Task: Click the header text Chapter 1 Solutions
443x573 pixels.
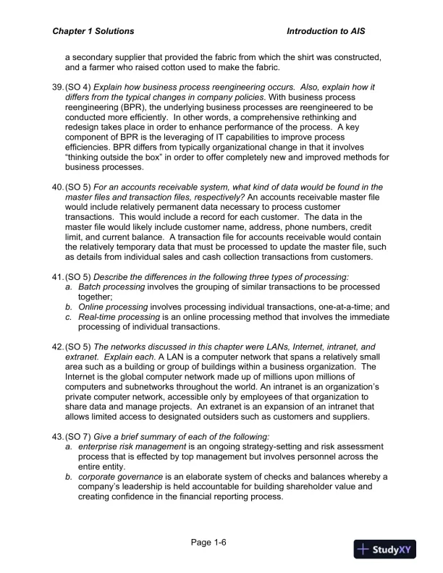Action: click(93, 32)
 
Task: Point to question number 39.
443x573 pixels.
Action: click(57, 87)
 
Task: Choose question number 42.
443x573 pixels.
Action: click(57, 347)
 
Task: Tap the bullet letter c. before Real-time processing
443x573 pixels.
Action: click(68, 317)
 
